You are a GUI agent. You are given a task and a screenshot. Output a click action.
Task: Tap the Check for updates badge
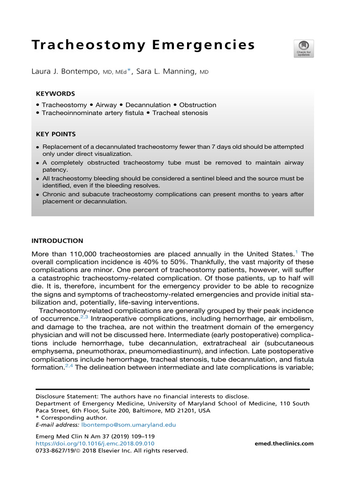point(303,49)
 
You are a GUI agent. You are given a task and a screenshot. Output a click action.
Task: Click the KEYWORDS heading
point(55,93)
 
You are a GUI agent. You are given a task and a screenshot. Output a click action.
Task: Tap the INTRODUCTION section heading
point(57,241)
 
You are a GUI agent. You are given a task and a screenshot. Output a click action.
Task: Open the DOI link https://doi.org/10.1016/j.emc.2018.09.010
point(95,443)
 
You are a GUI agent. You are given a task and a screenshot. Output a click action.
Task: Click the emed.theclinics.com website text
point(284,443)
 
